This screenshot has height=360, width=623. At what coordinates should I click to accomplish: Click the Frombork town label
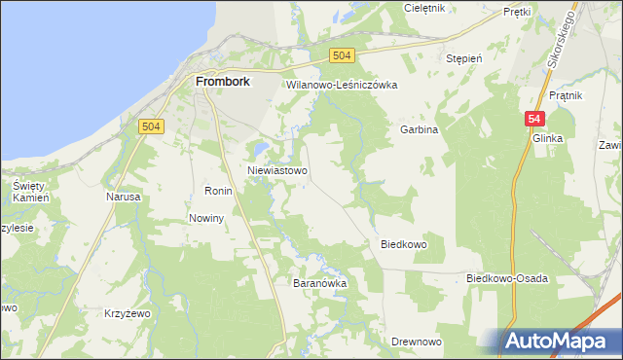coord(223,82)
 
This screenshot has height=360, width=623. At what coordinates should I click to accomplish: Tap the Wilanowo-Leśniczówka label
coord(342,85)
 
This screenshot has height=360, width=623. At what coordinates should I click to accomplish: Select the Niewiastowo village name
coord(278,170)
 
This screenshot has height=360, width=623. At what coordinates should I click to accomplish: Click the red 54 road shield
coord(533,119)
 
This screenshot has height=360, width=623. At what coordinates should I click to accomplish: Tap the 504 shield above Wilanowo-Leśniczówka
coord(341,56)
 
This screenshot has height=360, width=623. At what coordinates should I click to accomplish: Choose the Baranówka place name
coord(320,283)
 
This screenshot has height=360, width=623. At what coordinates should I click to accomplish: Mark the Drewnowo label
coord(417,342)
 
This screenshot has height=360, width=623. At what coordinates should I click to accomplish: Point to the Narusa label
coord(124,197)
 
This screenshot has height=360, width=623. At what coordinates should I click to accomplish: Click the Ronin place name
coord(217,191)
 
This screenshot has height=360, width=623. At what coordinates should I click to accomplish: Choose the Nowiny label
coord(207,218)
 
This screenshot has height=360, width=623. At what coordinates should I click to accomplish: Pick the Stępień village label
coord(464,58)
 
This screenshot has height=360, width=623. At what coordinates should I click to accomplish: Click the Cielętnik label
coord(424,8)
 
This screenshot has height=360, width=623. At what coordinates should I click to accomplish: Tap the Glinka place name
coord(548,139)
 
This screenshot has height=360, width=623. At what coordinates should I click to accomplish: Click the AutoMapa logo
coord(557,341)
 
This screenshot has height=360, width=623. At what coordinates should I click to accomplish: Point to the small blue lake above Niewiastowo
coord(260,149)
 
